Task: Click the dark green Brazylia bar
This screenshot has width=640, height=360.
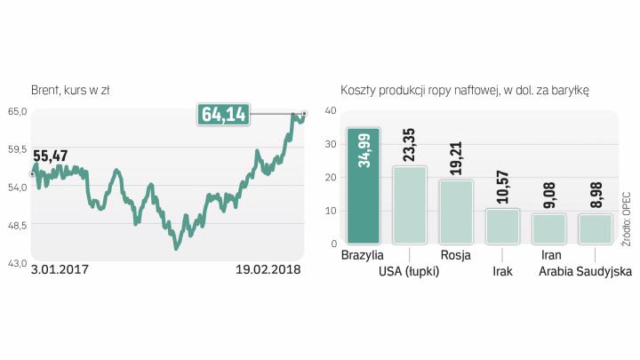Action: pyautogui.click(x=364, y=187)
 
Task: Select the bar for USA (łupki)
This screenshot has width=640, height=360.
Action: pyautogui.click(x=410, y=205)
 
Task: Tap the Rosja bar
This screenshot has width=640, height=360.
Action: pyautogui.click(x=456, y=212)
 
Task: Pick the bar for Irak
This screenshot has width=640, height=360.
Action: pyautogui.click(x=502, y=226)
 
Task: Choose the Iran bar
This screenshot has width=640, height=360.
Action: pyautogui.click(x=548, y=228)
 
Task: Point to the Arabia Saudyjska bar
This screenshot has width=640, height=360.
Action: pyautogui.click(x=595, y=228)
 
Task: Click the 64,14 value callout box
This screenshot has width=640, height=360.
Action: pyautogui.click(x=225, y=115)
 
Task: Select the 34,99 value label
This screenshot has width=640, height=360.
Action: pyautogui.click(x=364, y=151)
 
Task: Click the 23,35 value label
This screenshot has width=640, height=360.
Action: pyautogui.click(x=410, y=144)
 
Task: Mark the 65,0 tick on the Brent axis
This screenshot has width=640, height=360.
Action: pyautogui.click(x=19, y=111)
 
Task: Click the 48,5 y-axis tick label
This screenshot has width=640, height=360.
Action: pyautogui.click(x=19, y=226)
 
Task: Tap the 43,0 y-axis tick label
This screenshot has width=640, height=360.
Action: pyautogui.click(x=19, y=264)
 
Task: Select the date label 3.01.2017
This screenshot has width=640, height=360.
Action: pyautogui.click(x=60, y=269)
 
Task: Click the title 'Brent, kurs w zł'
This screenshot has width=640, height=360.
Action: pyautogui.click(x=70, y=91)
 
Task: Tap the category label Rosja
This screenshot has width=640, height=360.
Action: pyautogui.click(x=456, y=256)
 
